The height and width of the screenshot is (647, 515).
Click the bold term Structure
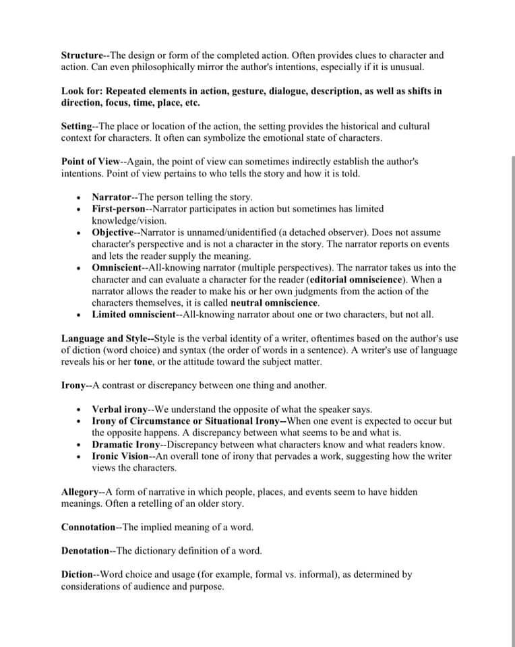point(82,55)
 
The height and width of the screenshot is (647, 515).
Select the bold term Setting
point(76,126)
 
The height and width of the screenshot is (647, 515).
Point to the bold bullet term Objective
point(113,233)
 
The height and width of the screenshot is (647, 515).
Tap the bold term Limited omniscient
point(133,315)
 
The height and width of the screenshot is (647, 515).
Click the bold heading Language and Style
point(105,338)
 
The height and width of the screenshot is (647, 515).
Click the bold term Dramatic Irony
point(125,445)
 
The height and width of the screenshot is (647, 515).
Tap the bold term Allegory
point(78,492)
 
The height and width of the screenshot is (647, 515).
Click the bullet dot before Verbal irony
point(80,410)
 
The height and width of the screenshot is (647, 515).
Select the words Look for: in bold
point(82,91)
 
